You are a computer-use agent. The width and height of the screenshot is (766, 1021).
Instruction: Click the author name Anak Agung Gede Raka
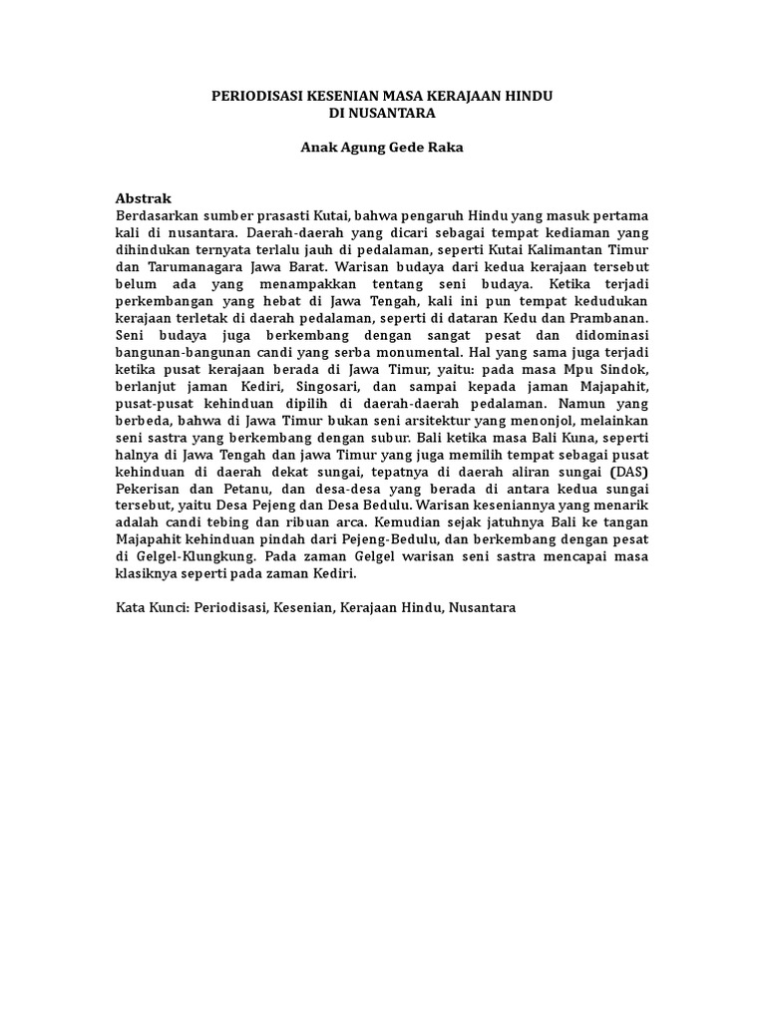(382, 148)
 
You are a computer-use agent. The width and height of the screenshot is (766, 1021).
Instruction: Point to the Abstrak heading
(144, 198)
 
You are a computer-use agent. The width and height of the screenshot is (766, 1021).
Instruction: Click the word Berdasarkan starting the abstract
(156, 215)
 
